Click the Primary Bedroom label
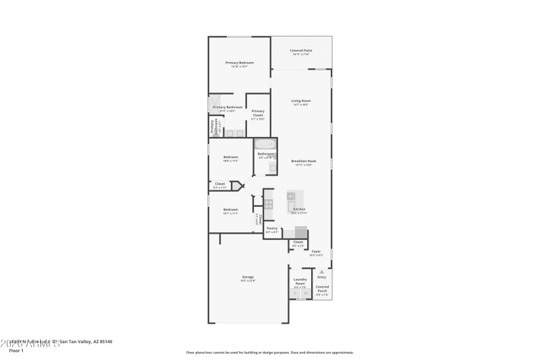click(x=240, y=63)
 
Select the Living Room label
click(x=300, y=101)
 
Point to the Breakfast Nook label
click(x=303, y=161)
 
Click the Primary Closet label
click(x=257, y=113)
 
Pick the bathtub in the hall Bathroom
click(x=265, y=143)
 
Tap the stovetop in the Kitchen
click(x=268, y=203)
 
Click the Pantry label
click(x=271, y=229)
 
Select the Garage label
click(x=248, y=277)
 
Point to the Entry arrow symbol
click(x=321, y=272)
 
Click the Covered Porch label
click(x=322, y=288)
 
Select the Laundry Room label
click(x=300, y=281)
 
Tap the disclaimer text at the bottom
click(x=269, y=352)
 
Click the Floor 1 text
click(x=17, y=351)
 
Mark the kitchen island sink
click(x=292, y=206)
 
